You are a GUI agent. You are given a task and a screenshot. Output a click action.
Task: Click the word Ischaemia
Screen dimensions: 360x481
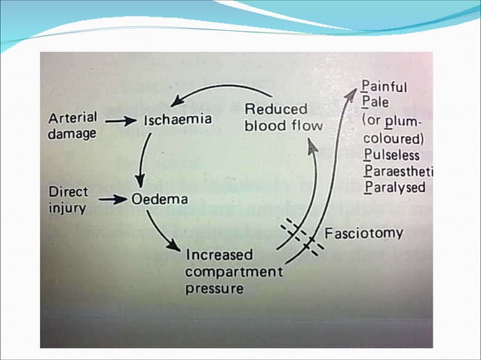coord(177,120)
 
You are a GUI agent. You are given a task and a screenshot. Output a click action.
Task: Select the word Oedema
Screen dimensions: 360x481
coord(160,200)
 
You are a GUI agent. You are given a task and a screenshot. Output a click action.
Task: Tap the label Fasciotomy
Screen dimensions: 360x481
coord(363,233)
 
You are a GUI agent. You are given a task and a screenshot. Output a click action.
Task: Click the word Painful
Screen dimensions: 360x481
coord(384,87)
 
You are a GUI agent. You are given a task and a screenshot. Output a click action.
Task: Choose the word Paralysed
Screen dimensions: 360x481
coord(394,188)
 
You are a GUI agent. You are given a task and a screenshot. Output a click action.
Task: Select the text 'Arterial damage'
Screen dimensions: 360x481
coord(72,126)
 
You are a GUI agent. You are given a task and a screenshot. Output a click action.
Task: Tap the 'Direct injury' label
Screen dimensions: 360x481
coord(69,199)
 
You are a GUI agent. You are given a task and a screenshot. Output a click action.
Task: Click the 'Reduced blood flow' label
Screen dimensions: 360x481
coord(283,117)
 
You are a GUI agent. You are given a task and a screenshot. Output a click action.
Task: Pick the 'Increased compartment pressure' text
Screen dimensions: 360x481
coord(233,271)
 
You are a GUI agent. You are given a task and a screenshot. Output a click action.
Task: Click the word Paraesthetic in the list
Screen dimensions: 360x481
coord(399,172)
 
